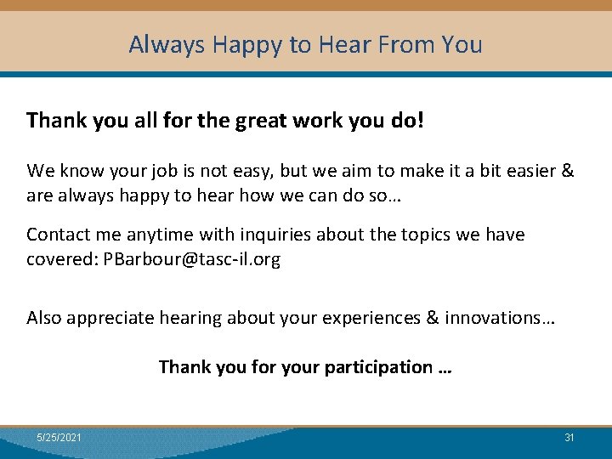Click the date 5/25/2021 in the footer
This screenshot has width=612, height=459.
coord(59,437)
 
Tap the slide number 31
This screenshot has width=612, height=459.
coord(569,437)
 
